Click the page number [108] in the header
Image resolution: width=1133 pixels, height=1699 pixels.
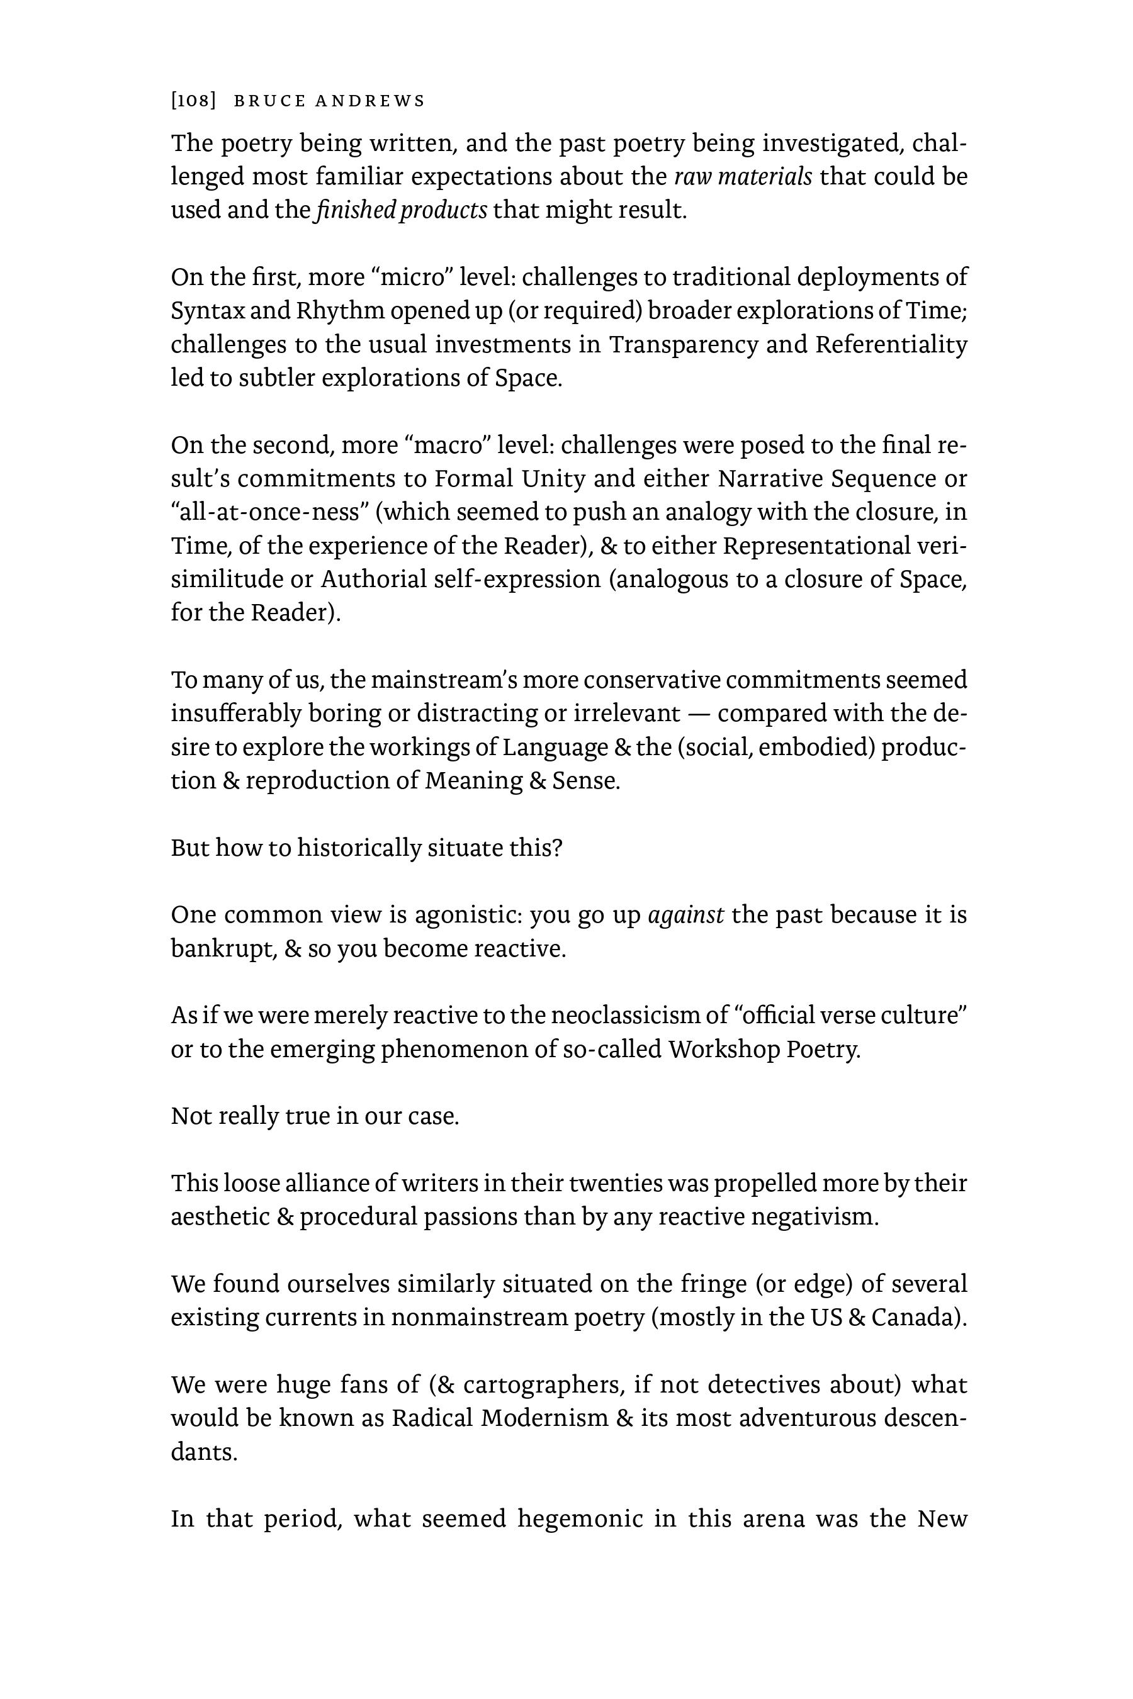[194, 101]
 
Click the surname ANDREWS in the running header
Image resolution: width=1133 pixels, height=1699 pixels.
[370, 101]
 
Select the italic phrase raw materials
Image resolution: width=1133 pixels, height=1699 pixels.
[743, 177]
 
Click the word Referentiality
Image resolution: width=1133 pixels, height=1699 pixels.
[890, 345]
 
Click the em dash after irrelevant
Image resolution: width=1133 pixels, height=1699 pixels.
[698, 714]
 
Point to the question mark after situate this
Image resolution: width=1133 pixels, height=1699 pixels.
[556, 848]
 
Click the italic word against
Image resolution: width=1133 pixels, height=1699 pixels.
[685, 915]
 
